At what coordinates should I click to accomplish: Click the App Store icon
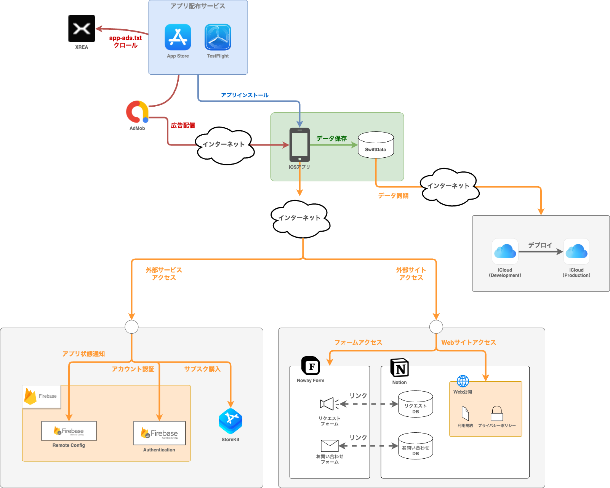178,37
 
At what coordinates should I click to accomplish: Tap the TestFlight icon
218,37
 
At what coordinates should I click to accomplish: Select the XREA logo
82,29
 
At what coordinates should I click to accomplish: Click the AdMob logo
137,112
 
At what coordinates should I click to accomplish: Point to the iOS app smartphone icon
299,145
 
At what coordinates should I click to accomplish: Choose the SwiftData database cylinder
376,145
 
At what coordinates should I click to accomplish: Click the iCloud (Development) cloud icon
505,251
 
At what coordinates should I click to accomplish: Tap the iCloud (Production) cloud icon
576,251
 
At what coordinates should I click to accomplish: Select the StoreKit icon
231,421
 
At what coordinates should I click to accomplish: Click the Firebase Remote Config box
69,431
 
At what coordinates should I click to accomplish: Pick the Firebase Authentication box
159,433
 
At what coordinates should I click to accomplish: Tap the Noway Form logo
311,366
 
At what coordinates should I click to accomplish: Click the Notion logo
399,368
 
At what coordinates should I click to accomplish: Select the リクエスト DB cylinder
415,404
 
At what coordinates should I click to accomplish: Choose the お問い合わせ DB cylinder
415,446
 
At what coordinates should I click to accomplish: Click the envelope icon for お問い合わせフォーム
330,446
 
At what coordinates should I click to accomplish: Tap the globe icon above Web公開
463,381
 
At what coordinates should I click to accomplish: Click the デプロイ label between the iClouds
540,245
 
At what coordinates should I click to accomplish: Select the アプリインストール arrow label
245,95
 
